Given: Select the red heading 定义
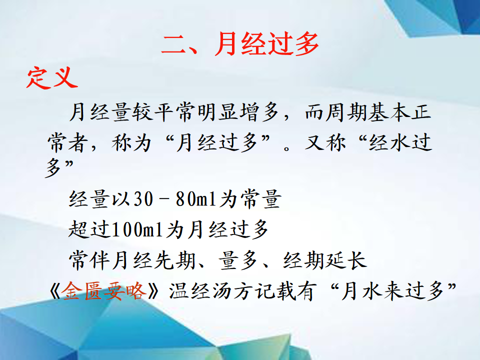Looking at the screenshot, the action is pos(52,78).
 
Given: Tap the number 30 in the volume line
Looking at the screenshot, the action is pos(143,199).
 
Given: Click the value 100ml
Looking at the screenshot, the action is pos(137,229).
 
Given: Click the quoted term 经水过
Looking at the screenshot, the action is pos(400,142).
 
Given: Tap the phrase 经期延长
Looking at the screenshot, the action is pos(325,260).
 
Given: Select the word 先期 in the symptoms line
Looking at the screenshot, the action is pos(175,260).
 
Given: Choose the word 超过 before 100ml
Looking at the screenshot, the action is pos(89,229).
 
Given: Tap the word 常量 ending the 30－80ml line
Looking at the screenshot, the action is pos(261,199).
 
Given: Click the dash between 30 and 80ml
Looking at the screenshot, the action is pos(164,199).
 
